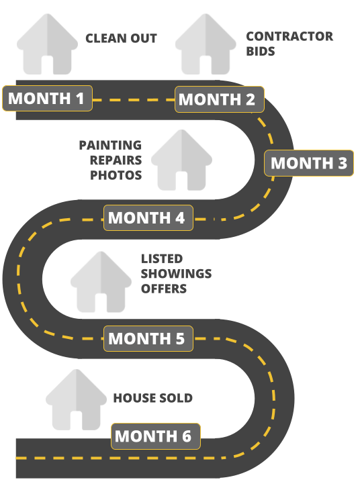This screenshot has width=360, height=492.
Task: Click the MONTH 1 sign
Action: [48, 98]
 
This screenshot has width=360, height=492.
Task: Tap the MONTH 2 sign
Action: [220, 99]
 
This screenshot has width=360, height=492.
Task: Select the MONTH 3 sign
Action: [309, 163]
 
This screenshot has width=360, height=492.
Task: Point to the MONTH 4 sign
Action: [148, 217]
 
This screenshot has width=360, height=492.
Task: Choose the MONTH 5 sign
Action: [148, 338]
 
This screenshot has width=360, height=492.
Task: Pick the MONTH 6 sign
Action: [156, 436]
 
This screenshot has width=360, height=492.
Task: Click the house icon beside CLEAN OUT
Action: [48, 44]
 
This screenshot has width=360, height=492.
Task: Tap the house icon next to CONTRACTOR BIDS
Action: [206, 44]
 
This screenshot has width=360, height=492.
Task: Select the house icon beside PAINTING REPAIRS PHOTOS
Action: [182, 160]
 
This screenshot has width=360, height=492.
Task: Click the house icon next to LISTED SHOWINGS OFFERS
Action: [101, 282]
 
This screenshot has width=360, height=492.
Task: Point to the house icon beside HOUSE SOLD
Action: [77, 400]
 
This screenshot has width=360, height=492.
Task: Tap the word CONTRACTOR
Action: [289, 36]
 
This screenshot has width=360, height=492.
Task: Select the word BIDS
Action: [261, 51]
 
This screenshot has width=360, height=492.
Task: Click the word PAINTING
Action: [110, 145]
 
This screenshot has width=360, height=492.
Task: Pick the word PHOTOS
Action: [116, 175]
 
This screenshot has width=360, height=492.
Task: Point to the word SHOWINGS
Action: [176, 274]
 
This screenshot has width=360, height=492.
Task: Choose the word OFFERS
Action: [163, 289]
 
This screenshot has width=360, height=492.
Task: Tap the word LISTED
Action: [162, 259]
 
